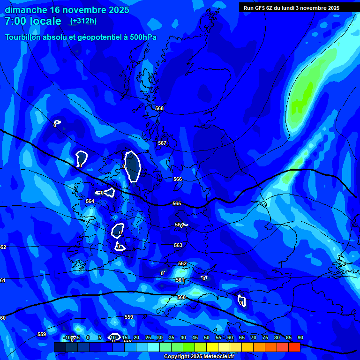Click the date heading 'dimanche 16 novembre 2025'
[x=67, y=10]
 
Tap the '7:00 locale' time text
[x=33, y=21]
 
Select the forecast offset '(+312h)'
[x=83, y=21]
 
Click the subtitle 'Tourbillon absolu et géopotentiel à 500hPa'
[x=81, y=37]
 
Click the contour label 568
[x=159, y=108]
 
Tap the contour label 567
[x=162, y=143]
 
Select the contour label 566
[x=177, y=179]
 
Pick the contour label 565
[x=177, y=203]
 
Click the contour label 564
[x=90, y=201]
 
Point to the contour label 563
[x=178, y=245]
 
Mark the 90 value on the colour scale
[x=300, y=337]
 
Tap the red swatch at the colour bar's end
[x=294, y=347]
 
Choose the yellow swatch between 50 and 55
[x=212, y=347]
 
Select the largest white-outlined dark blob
[x=133, y=166]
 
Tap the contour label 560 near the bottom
[x=181, y=297]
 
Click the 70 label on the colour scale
[x=253, y=337]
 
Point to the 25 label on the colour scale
[x=148, y=337]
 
